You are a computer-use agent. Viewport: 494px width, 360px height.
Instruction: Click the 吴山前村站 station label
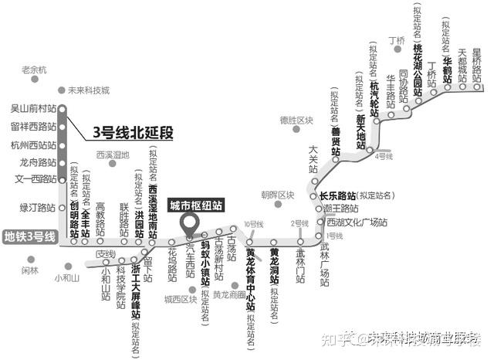click(31, 109)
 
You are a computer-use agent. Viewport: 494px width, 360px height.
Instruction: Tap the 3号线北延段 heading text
click(132, 132)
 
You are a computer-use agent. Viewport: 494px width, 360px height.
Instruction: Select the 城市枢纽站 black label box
click(196, 205)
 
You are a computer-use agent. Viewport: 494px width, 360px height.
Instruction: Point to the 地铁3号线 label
click(29, 237)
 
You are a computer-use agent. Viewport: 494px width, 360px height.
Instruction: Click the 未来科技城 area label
click(88, 90)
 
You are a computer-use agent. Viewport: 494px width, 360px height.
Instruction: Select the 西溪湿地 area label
click(113, 155)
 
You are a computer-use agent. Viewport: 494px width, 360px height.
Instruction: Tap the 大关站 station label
click(313, 158)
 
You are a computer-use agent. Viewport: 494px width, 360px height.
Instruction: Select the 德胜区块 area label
click(297, 121)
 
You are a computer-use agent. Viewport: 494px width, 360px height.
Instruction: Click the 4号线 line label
click(384, 157)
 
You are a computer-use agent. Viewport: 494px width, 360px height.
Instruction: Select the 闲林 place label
click(29, 270)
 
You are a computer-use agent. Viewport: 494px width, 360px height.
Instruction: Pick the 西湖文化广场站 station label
click(355, 222)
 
